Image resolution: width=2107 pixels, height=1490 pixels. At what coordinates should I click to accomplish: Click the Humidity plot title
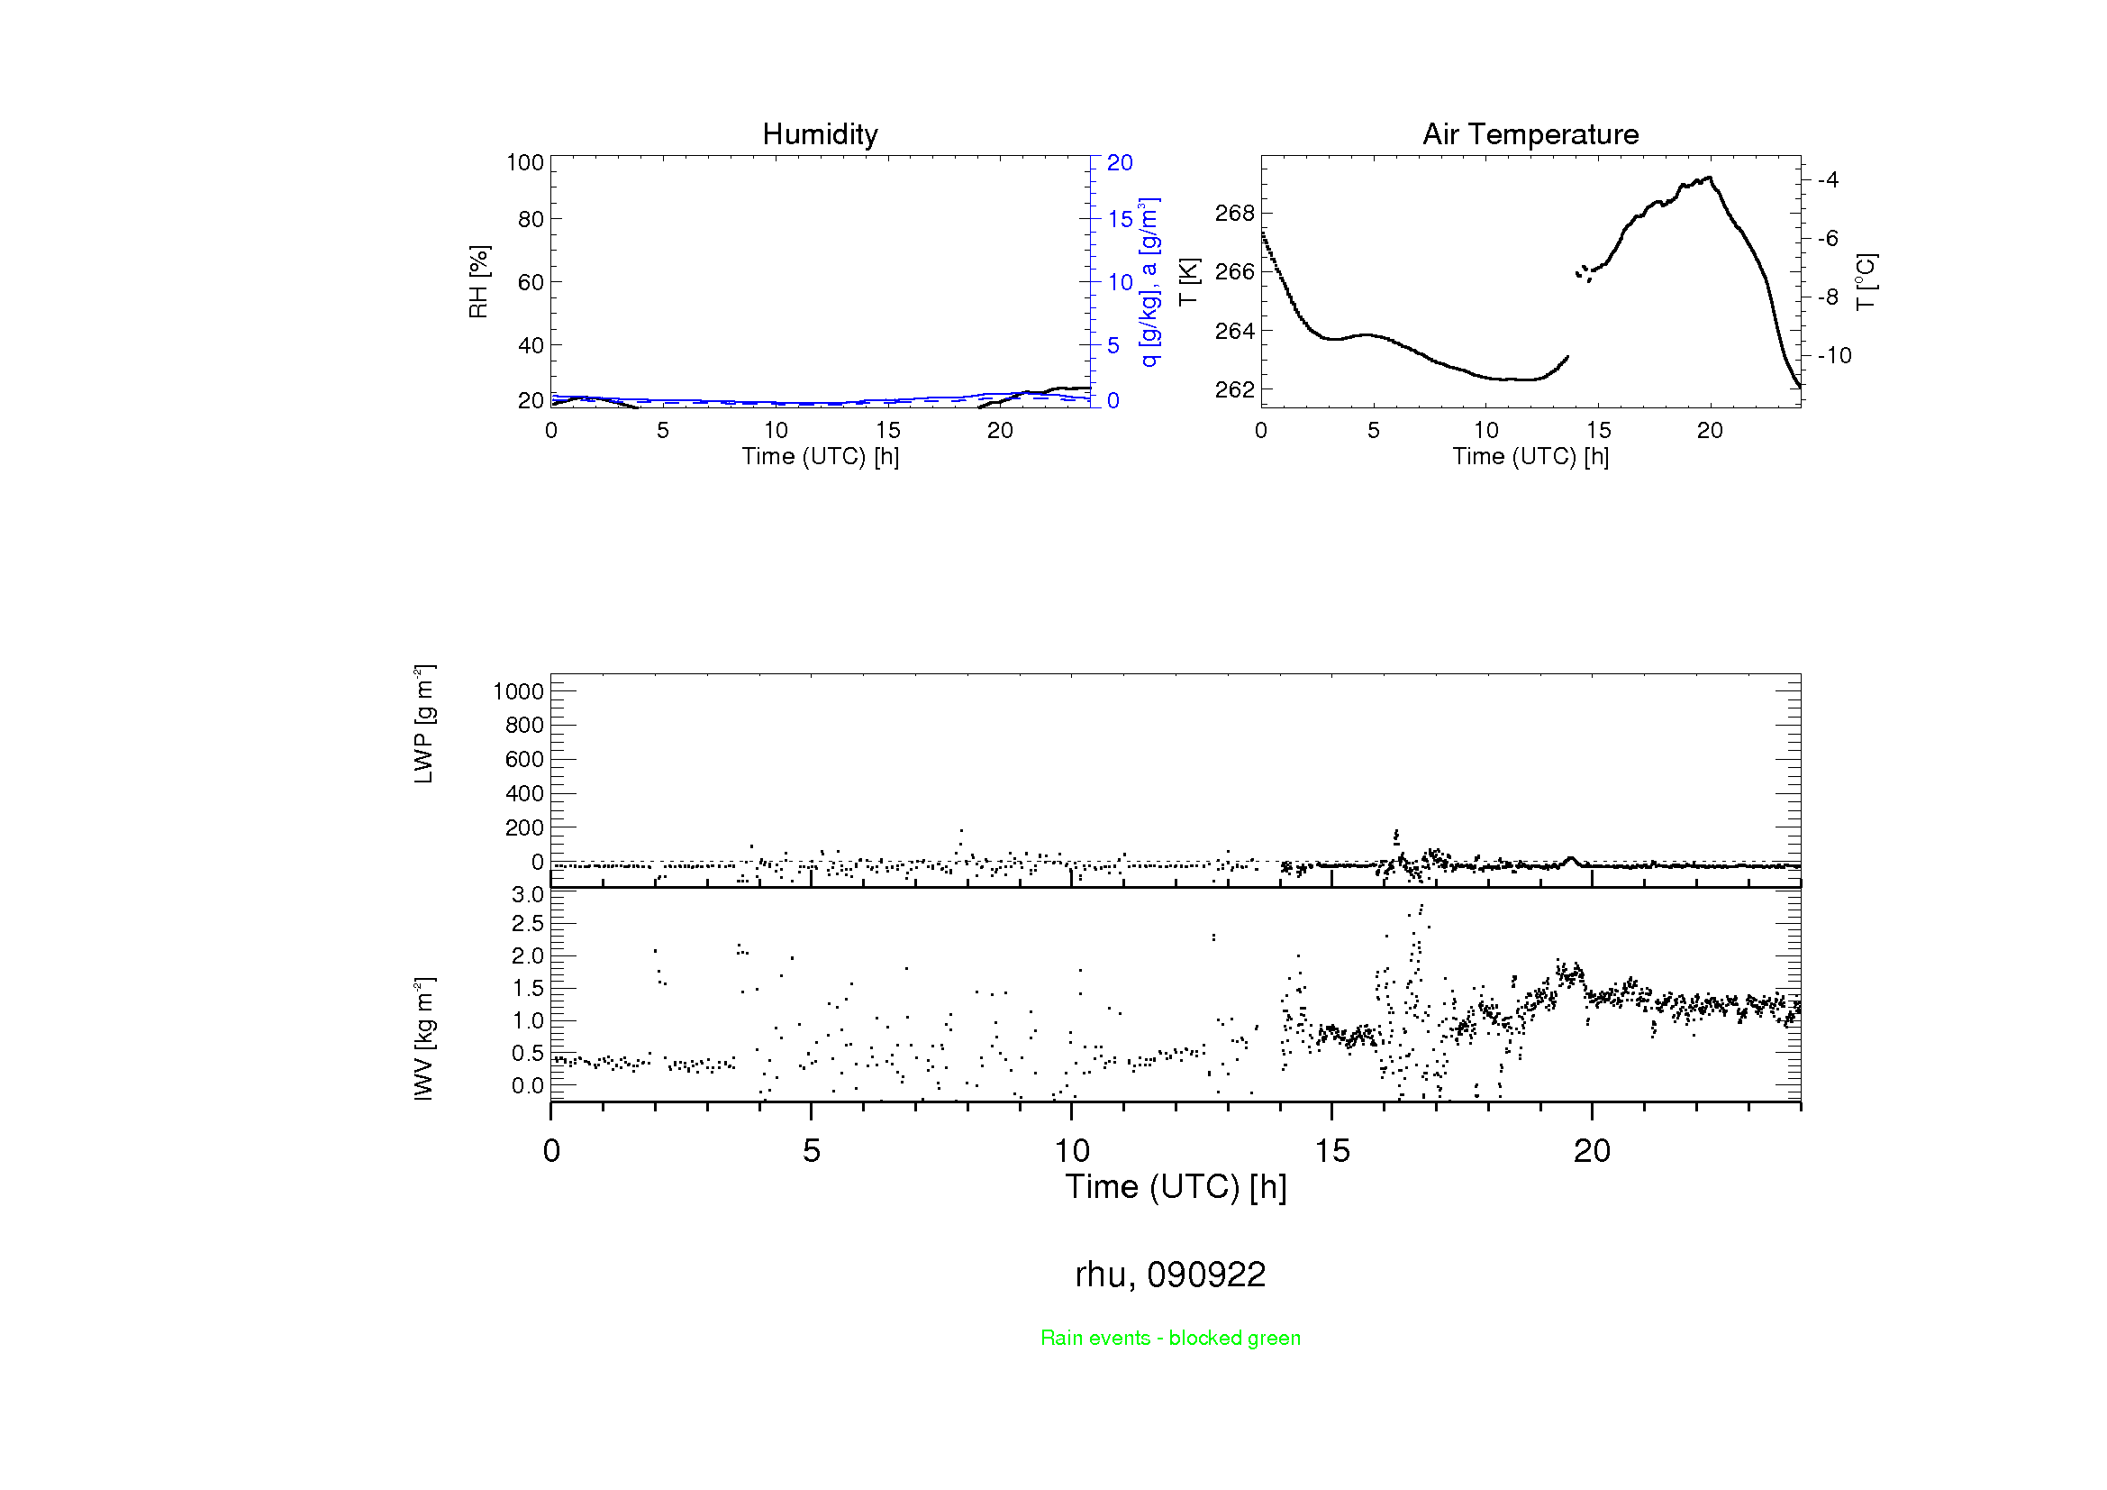820,135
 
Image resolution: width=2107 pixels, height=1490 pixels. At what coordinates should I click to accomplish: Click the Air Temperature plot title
1530,135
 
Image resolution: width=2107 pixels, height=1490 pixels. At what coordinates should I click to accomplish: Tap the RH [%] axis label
478,282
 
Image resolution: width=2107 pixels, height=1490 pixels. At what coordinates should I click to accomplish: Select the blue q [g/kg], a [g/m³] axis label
1149,282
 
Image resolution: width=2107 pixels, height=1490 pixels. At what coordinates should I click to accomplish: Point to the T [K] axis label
1188,282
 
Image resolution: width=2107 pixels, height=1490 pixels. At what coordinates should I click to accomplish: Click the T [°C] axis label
1866,282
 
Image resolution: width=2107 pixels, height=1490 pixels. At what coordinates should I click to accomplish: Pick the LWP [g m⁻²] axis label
423,725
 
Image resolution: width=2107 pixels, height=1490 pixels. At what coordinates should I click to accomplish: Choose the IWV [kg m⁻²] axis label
423,1038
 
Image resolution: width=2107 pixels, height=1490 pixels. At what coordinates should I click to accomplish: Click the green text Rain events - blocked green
1170,1338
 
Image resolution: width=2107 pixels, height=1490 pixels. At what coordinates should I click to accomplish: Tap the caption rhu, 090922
1170,1275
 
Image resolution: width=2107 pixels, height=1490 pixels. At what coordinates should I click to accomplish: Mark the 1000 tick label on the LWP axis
519,691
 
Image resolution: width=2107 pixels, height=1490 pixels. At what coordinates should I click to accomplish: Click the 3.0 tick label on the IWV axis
528,895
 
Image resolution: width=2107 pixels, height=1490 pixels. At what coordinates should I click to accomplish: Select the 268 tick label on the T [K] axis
1234,213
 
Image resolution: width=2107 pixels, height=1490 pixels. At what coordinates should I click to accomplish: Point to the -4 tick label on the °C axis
1827,180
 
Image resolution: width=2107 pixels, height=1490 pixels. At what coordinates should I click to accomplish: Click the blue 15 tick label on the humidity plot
1120,219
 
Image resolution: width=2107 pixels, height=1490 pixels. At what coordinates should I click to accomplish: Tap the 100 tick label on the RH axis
525,162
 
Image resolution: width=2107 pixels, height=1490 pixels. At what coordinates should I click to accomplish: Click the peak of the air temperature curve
1710,178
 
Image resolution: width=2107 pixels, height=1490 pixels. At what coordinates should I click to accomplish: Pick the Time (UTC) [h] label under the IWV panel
1176,1187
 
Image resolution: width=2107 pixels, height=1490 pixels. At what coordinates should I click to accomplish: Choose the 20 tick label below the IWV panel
1591,1151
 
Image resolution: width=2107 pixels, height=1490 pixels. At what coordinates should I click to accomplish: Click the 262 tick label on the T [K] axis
1234,390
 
